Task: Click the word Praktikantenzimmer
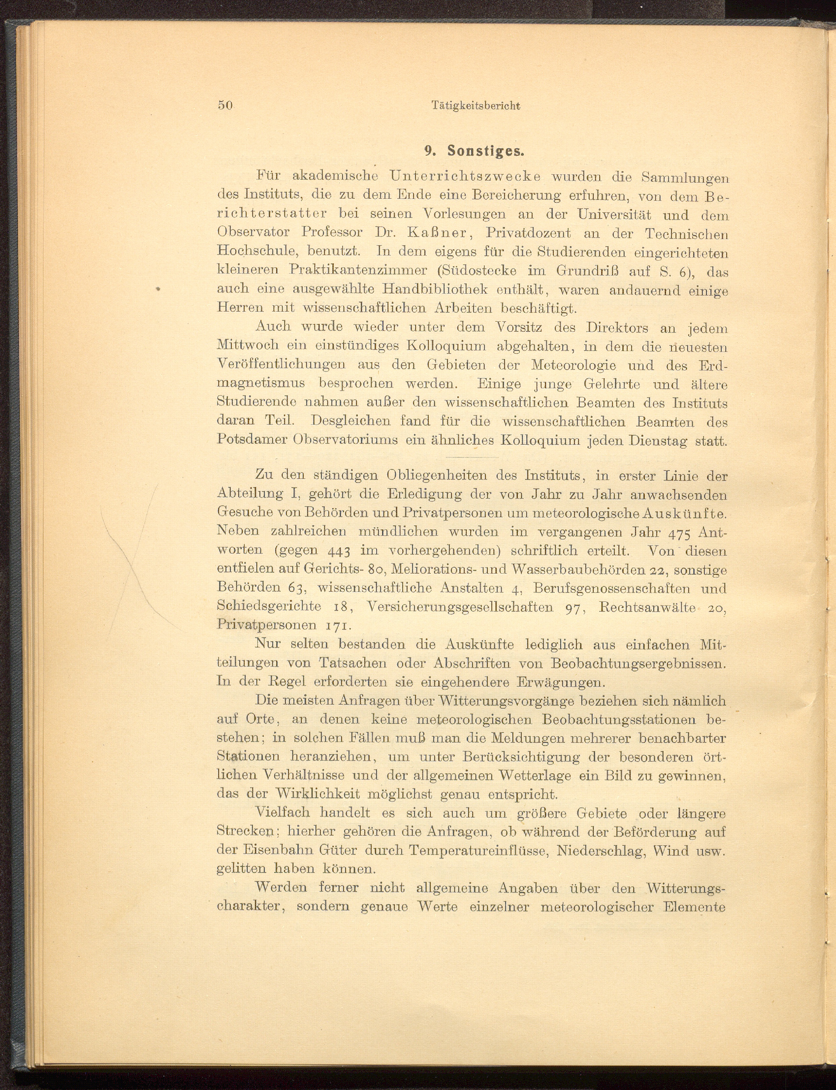(358, 271)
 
